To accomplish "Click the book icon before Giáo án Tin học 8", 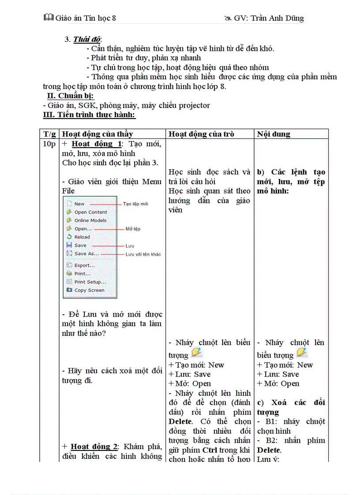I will coord(49,18).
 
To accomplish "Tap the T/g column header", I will coord(50,134).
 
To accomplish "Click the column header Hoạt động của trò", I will coord(202,134).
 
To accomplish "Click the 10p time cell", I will coord(49,144).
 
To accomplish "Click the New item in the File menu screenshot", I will coord(79,204).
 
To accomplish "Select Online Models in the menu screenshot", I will coord(90,220).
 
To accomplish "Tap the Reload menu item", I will coord(82,237).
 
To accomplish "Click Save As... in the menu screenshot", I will coord(86,254).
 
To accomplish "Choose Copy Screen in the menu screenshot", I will coord(89,290).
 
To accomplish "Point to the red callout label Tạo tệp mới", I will coord(135,204).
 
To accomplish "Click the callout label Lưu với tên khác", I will coord(143,254).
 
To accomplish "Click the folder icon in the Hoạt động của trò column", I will coord(197,353).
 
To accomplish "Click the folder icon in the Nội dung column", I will coord(302,353).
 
